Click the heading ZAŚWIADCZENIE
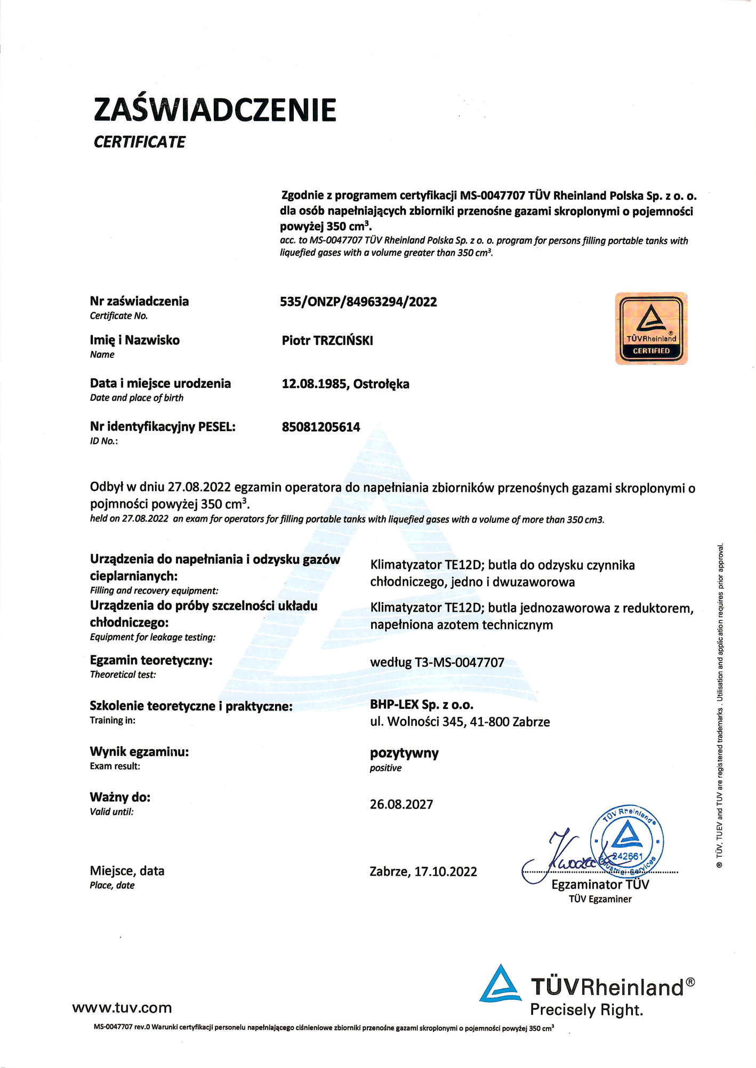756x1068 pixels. [215, 110]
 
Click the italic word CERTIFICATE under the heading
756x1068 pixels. [140, 142]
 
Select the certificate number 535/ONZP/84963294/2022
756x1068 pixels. [358, 302]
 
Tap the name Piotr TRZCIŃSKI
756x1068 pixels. [327, 341]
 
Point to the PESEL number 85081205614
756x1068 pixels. [321, 427]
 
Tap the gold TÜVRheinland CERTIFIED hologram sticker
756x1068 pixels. [651, 328]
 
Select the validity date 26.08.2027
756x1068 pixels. [401, 804]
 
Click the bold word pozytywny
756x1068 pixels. [404, 753]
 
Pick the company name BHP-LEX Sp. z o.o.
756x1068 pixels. [422, 705]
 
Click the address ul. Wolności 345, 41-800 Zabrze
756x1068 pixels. [460, 722]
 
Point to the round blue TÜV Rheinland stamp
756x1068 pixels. [627, 842]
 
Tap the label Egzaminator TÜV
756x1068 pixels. [600, 885]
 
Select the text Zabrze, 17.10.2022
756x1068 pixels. [423, 872]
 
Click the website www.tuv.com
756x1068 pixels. [122, 1008]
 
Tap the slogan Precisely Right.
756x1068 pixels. [586, 1010]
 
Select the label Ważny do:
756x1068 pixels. [120, 797]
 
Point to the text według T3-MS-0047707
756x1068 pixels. [437, 662]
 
